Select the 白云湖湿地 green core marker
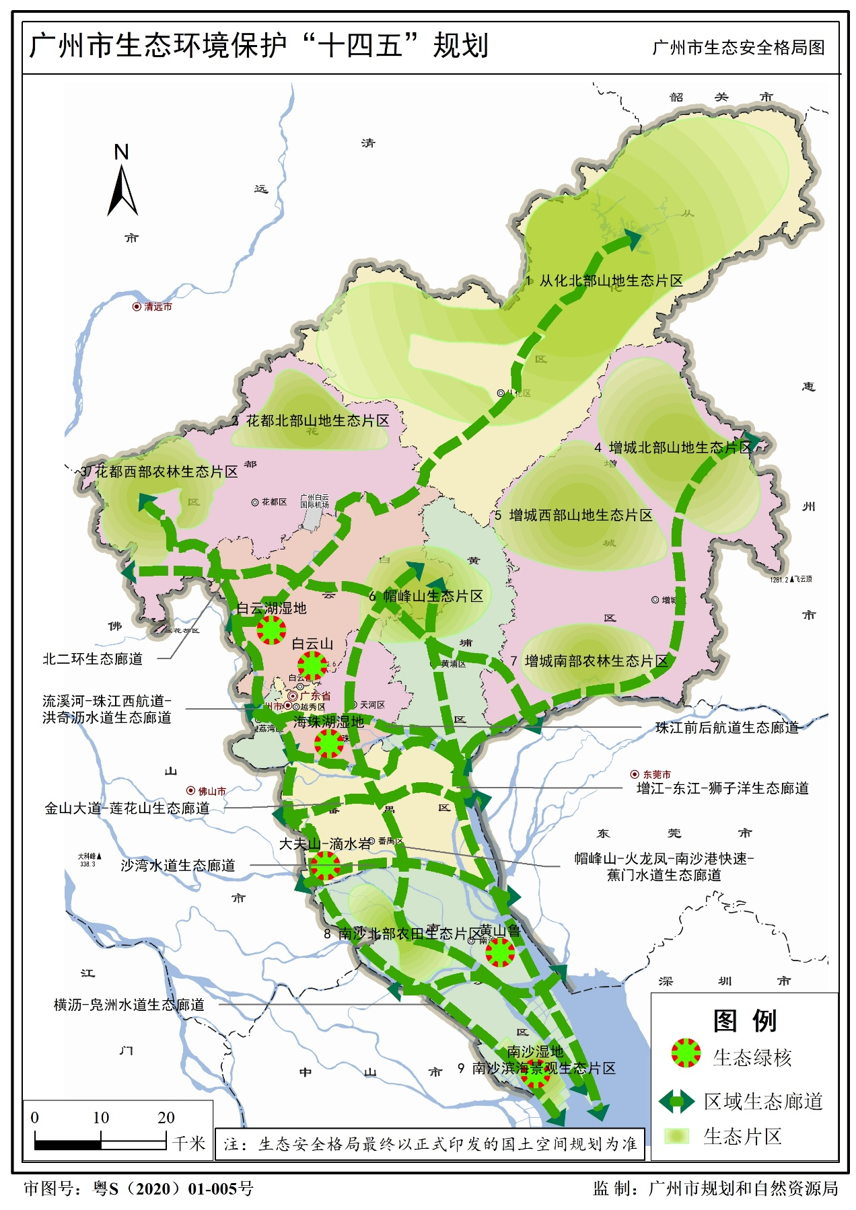271,630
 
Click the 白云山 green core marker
312,665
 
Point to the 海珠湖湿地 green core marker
329,743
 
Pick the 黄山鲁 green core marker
500,952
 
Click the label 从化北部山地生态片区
610,281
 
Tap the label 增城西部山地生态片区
580,515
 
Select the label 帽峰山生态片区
433,596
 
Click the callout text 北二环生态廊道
93,658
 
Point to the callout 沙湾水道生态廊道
178,865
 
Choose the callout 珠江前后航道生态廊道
727,727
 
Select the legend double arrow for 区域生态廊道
676,1101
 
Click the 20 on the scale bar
166,1117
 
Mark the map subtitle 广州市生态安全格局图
738,48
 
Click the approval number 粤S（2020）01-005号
173,1188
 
